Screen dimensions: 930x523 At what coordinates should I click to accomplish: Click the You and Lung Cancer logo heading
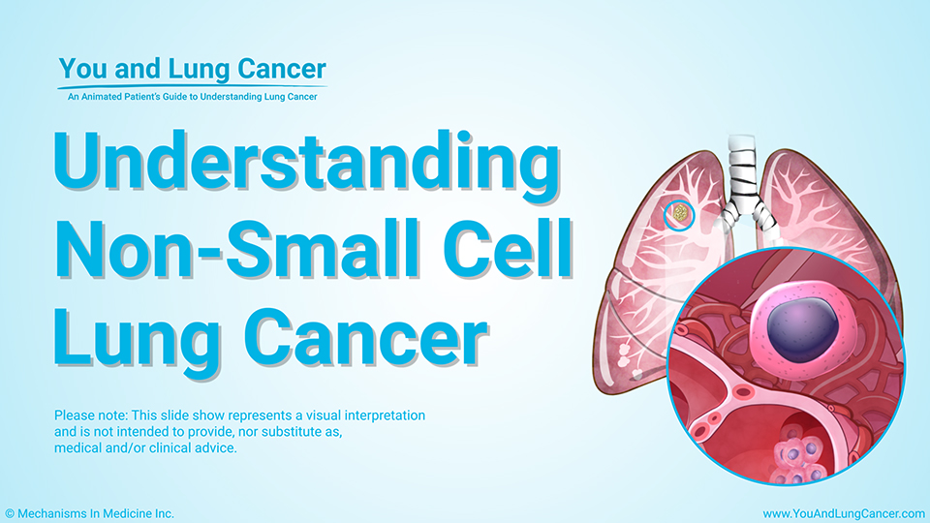point(192,69)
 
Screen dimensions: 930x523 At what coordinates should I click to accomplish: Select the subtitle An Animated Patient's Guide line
point(192,97)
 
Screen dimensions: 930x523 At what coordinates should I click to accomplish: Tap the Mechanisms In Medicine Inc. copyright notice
point(89,514)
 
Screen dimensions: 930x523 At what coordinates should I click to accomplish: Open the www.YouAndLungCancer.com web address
point(844,514)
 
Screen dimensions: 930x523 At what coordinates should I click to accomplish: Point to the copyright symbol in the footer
point(10,514)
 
